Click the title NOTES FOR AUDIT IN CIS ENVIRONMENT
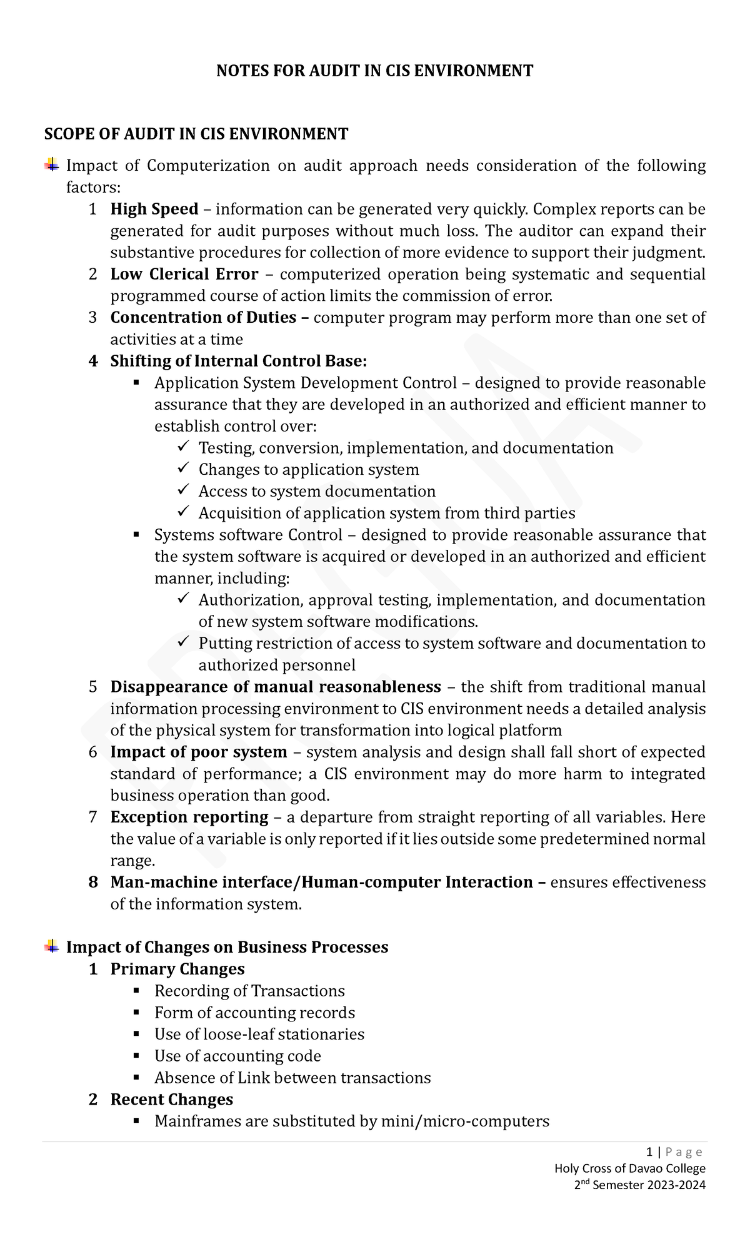(374, 71)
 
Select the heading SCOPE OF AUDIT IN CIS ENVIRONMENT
(196, 134)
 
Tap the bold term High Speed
(154, 209)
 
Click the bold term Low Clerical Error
(184, 274)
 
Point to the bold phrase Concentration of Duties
(203, 318)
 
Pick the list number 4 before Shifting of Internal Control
(93, 362)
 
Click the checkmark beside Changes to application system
(182, 469)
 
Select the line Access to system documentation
(316, 492)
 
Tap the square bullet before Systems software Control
(137, 535)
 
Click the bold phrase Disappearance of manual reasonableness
(275, 687)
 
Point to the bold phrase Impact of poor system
(198, 752)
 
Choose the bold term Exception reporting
(189, 817)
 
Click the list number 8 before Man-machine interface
(93, 883)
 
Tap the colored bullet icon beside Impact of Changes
(52, 946)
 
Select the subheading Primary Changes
(177, 969)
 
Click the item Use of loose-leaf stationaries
(259, 1034)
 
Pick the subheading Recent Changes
(171, 1100)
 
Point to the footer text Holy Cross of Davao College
(630, 1168)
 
